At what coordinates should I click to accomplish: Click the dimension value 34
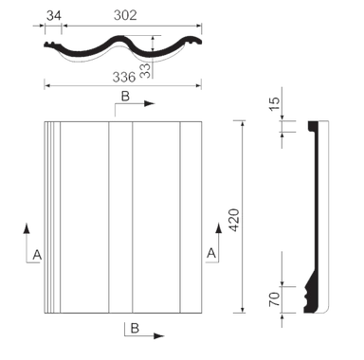[54, 15]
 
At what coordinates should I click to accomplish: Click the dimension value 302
[125, 15]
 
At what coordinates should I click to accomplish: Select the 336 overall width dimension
[124, 77]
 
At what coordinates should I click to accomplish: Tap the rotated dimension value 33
[146, 71]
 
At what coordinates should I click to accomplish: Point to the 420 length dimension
[235, 220]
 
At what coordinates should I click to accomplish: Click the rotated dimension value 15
[275, 103]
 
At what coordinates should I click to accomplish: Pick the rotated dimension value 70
[275, 299]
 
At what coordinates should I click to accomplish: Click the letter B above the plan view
[125, 97]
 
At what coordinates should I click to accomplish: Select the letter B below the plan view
[135, 328]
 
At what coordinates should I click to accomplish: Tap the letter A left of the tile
[37, 255]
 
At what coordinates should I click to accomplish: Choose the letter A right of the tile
[211, 253]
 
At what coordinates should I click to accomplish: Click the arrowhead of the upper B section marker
[150, 103]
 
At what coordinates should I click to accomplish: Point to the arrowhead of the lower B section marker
[159, 336]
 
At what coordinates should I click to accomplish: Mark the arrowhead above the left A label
[27, 228]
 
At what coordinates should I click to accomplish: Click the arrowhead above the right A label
[218, 227]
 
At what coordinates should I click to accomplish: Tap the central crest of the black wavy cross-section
[120, 39]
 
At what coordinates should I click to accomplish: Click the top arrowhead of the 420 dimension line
[243, 124]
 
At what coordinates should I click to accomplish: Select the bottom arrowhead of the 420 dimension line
[243, 310]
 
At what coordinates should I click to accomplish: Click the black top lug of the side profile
[313, 125]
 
